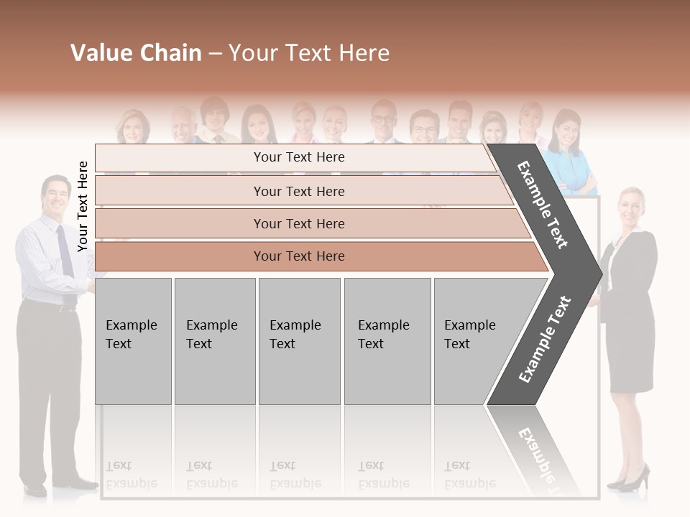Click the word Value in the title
pos(98,53)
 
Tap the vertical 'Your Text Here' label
pos(83,206)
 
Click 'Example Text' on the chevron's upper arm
pos(543,205)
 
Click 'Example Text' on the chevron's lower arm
pos(544,339)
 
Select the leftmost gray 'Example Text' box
pos(133,341)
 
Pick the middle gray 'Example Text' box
pos(299,341)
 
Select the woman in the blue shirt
pos(568,154)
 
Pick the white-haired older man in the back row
pos(183,124)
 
